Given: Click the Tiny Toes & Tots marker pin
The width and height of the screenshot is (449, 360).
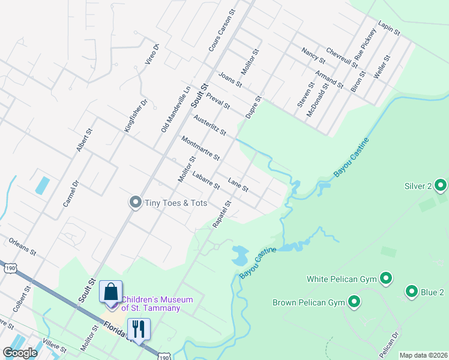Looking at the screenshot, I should [x=136, y=202].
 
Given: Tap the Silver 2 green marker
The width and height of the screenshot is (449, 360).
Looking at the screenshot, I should [x=441, y=186].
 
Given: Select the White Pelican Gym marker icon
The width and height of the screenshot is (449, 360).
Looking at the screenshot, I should [x=387, y=278].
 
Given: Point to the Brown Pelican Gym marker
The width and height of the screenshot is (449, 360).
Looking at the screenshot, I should [x=354, y=302].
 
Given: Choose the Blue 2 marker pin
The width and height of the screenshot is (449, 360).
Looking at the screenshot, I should [x=412, y=292].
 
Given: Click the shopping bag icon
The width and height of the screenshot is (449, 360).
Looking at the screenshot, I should [x=110, y=292].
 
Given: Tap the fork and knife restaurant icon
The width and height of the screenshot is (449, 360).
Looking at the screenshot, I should [x=139, y=328].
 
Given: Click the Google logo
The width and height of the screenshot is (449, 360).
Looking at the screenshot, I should [x=20, y=353].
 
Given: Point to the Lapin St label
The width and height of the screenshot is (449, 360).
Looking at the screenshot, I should [x=388, y=29].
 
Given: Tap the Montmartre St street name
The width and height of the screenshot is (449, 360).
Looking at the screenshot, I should [x=200, y=148].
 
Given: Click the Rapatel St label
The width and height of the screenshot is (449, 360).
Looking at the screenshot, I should [x=221, y=214].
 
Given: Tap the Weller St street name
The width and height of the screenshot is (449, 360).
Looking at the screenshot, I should [x=382, y=67].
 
